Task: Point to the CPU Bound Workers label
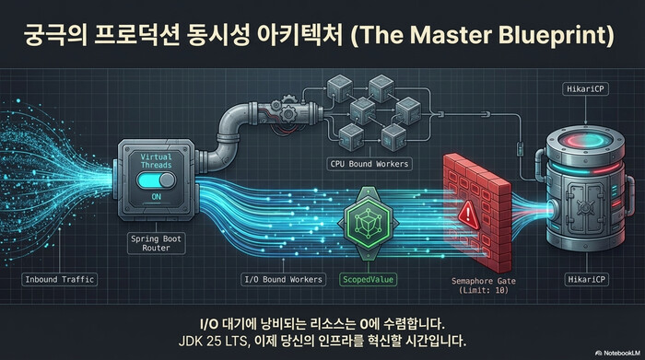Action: [x=369, y=163]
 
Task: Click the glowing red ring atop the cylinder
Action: [x=581, y=139]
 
